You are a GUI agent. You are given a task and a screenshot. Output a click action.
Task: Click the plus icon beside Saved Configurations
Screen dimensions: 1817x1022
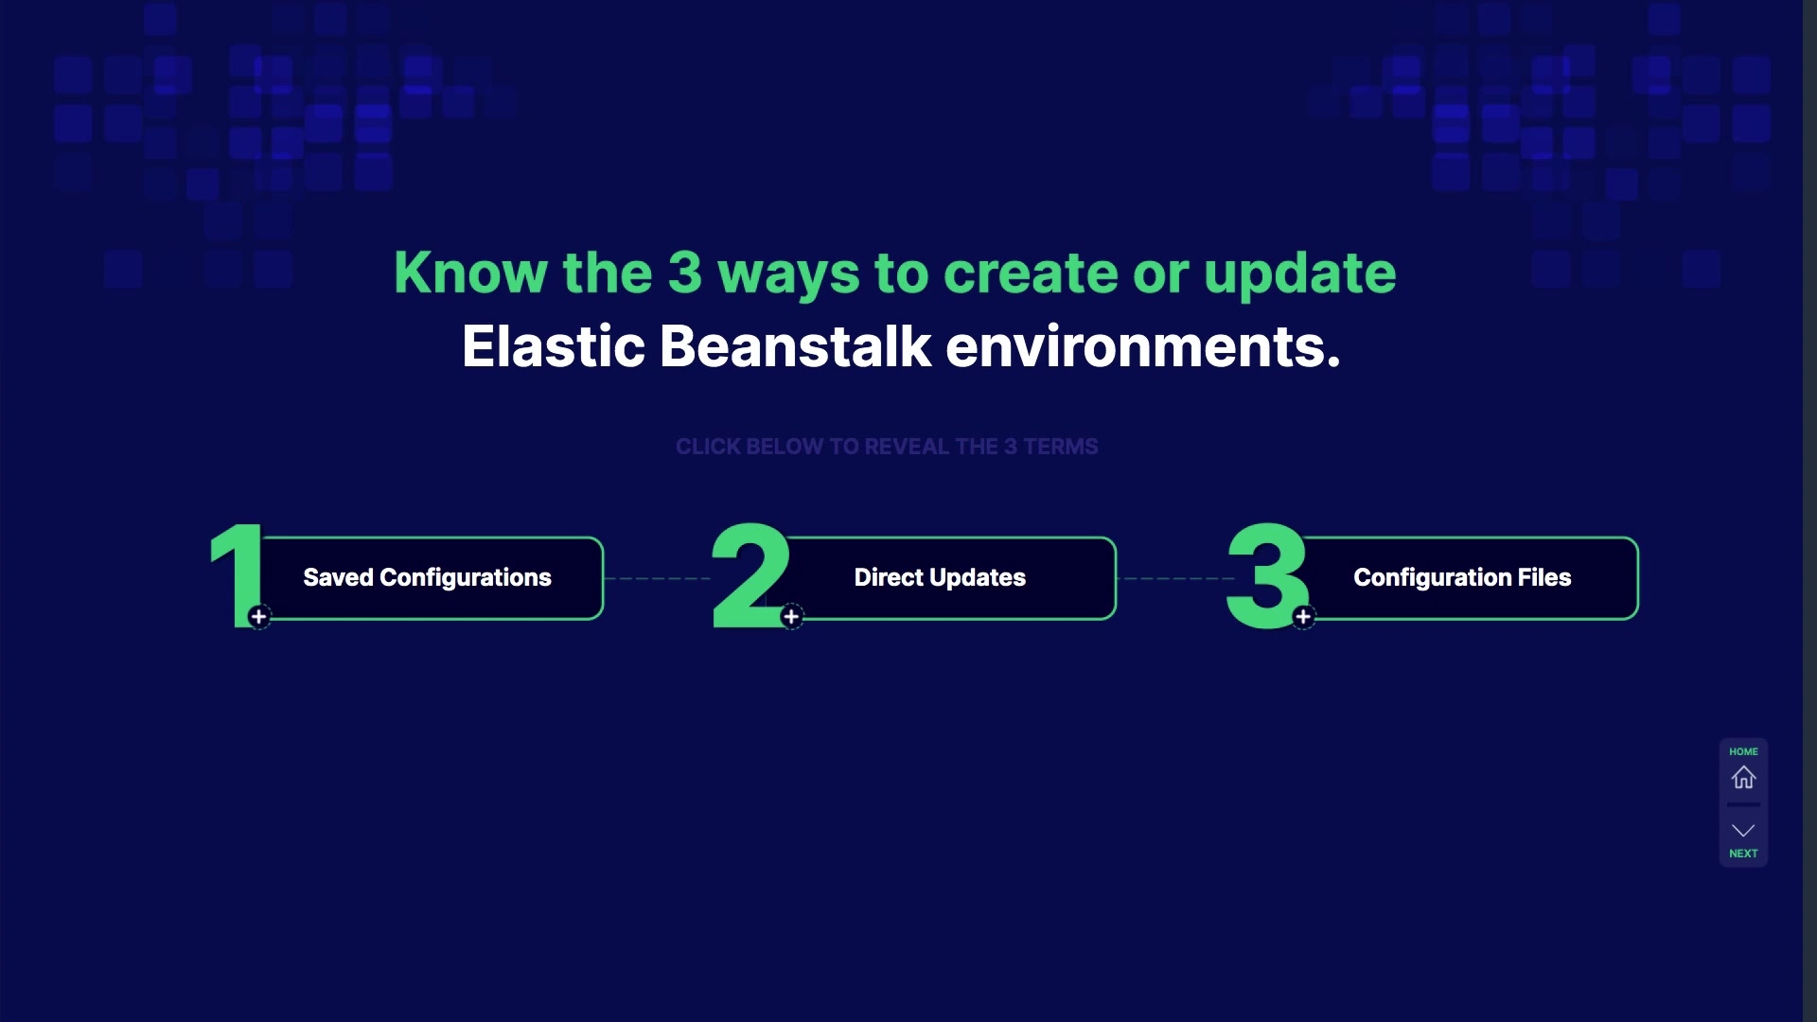(258, 617)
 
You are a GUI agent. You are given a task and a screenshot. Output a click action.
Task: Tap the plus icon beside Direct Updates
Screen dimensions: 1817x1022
(791, 617)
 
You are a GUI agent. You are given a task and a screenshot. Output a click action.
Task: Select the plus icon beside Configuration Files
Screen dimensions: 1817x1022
(1303, 617)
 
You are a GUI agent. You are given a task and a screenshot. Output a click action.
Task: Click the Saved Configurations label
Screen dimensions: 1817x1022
(427, 577)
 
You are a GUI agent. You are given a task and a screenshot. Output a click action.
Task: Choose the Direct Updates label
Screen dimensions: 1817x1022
(940, 577)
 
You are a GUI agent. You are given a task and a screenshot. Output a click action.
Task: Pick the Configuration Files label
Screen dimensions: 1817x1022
(1462, 577)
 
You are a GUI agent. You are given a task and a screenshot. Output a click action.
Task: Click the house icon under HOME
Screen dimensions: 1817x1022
(1743, 778)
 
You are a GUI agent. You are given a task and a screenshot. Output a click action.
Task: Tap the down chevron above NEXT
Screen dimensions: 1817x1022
(1743, 830)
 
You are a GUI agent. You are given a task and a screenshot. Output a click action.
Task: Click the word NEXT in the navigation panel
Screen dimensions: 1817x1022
(1743, 854)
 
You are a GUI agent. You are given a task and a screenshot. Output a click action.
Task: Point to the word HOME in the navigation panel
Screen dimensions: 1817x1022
(1743, 751)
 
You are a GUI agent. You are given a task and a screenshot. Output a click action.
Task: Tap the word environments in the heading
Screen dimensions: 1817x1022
(1143, 346)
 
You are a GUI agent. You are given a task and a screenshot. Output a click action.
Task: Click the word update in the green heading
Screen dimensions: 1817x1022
(1299, 274)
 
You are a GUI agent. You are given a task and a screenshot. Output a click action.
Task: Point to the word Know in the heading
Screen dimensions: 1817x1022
(470, 273)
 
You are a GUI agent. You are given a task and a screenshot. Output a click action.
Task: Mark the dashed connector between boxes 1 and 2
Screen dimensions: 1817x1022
(657, 578)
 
